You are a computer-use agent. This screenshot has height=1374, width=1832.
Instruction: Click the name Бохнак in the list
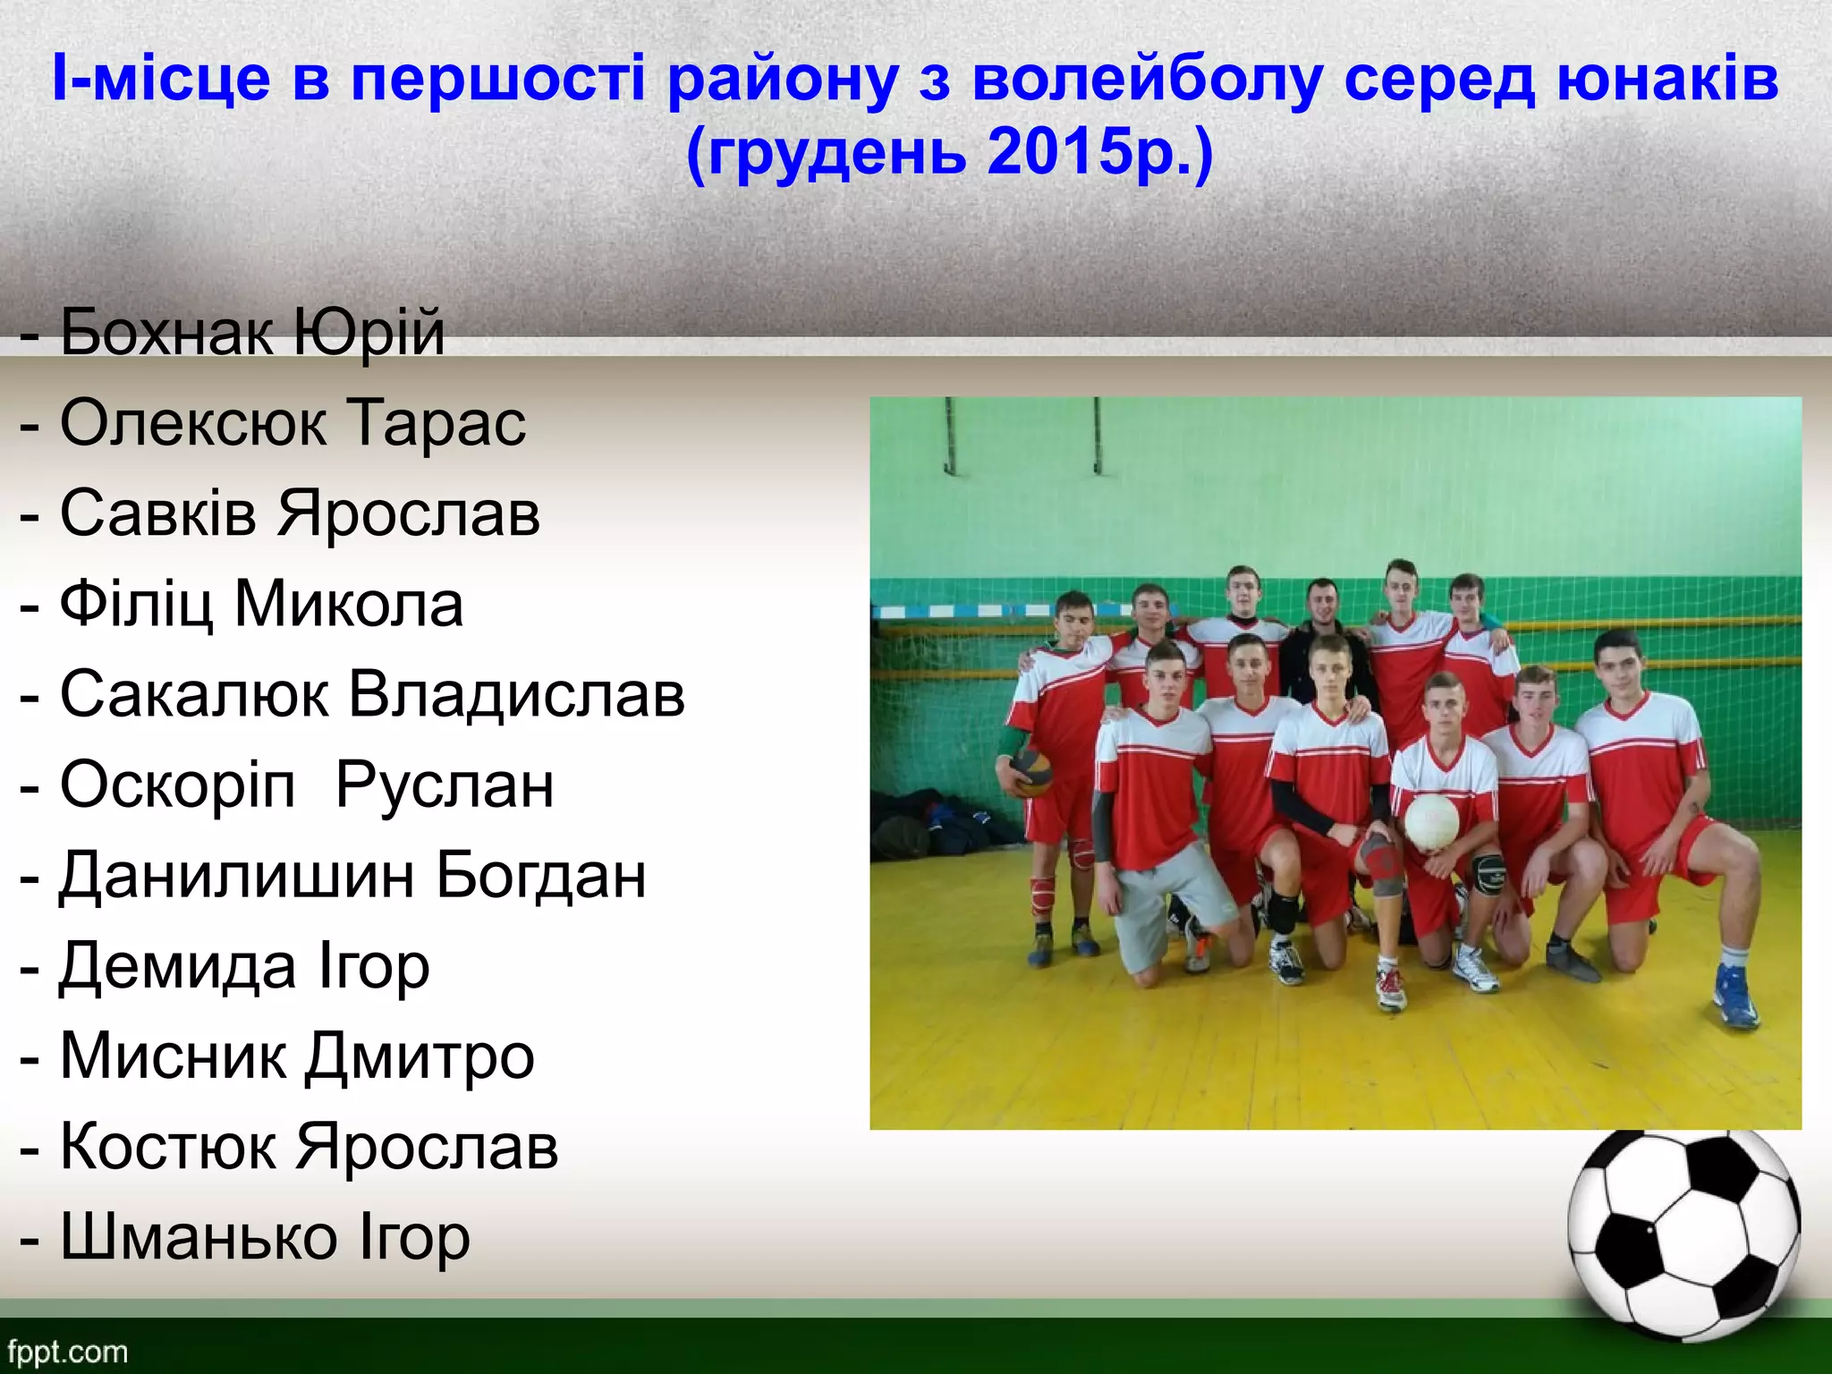[x=165, y=333]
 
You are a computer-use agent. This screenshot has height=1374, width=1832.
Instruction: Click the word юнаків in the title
[x=1667, y=79]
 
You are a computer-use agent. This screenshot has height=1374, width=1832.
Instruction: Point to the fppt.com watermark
[x=68, y=1352]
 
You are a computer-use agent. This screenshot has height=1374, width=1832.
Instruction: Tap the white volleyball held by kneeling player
[x=1431, y=821]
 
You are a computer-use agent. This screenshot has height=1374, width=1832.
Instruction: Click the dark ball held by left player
[x=1031, y=772]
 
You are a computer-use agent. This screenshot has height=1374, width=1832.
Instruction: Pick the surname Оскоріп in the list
[x=177, y=785]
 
